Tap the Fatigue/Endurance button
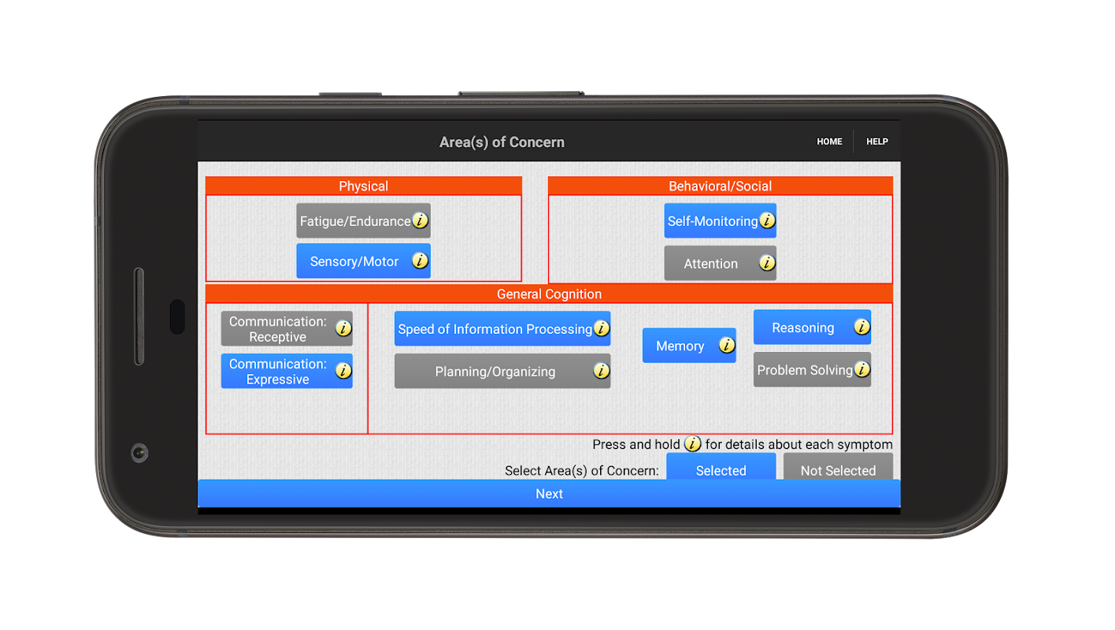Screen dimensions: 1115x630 tap(363, 220)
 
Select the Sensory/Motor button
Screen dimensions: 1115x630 tap(363, 261)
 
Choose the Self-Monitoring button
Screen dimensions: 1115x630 tap(720, 220)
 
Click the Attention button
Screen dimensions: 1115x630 tap(720, 263)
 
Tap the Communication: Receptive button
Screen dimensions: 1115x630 tap(287, 328)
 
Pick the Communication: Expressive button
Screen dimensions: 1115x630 tap(287, 371)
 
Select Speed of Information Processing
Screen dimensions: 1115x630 tap(502, 328)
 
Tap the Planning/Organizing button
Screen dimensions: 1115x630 tap(502, 371)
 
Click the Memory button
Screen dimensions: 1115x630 tap(689, 346)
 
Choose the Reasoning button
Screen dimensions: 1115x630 tap(812, 327)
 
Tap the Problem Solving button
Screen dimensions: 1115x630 tap(812, 369)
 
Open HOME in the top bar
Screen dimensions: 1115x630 tap(829, 141)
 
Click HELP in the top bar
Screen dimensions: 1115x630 tap(877, 141)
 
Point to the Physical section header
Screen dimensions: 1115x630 tap(363, 186)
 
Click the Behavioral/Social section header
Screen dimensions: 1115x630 tap(720, 186)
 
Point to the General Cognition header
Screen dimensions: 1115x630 tap(549, 294)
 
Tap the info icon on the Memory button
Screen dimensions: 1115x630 tap(727, 345)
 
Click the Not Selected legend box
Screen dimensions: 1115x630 tap(839, 467)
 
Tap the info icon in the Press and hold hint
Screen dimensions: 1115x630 tap(692, 443)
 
